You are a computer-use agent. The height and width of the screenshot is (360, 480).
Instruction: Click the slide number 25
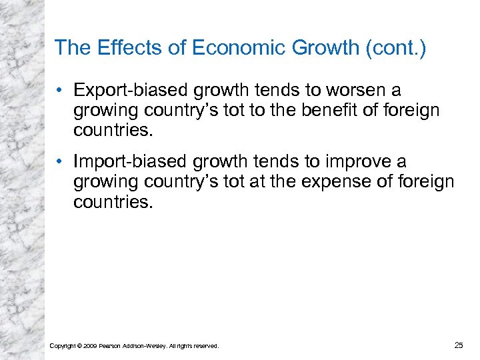tap(458, 345)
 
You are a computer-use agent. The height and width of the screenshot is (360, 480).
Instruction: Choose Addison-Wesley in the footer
tap(144, 346)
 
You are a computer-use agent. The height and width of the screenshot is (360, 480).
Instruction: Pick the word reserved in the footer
tap(205, 346)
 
